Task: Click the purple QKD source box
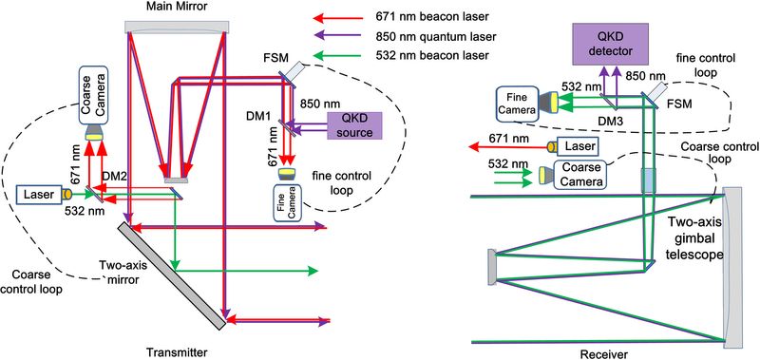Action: click(x=353, y=125)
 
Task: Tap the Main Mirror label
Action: click(x=179, y=8)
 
